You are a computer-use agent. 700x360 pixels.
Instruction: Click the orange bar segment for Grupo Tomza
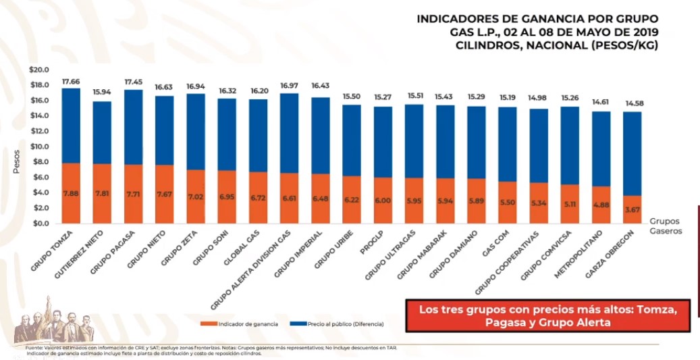(71, 192)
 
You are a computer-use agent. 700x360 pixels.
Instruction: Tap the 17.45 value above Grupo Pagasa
(133, 82)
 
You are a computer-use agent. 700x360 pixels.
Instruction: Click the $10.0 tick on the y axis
(39, 147)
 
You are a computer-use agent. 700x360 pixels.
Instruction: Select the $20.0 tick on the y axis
(39, 70)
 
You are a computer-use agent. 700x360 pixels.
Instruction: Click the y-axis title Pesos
(16, 162)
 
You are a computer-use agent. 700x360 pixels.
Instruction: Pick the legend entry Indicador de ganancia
(247, 324)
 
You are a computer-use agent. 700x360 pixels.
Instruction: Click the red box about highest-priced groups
(547, 315)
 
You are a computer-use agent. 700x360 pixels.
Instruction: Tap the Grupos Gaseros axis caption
(665, 226)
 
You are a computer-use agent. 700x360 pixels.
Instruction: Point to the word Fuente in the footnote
(33, 347)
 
